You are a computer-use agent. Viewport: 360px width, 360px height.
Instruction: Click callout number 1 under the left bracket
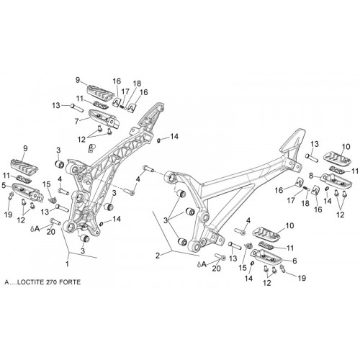click(68, 264)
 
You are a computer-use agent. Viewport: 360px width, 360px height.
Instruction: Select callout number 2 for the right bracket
click(158, 256)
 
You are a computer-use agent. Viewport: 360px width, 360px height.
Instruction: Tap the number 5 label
click(4, 185)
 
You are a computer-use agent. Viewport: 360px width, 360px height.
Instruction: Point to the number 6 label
click(294, 261)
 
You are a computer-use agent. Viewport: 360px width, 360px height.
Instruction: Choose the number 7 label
click(77, 122)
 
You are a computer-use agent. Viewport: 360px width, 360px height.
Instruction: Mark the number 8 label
click(311, 176)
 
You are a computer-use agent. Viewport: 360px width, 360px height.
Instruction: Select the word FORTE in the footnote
click(70, 282)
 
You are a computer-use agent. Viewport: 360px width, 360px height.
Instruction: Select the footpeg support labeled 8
click(336, 181)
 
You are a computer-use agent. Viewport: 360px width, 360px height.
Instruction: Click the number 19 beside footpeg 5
click(9, 215)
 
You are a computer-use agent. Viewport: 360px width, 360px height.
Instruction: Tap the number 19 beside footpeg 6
click(302, 278)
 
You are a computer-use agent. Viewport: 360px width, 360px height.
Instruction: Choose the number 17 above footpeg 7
click(125, 91)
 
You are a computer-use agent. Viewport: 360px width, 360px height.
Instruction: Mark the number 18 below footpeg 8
click(305, 204)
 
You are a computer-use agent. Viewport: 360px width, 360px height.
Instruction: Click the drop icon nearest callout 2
click(199, 264)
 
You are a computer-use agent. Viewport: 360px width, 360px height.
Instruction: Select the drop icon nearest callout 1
click(32, 229)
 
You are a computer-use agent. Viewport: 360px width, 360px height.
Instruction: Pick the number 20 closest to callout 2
click(216, 269)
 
